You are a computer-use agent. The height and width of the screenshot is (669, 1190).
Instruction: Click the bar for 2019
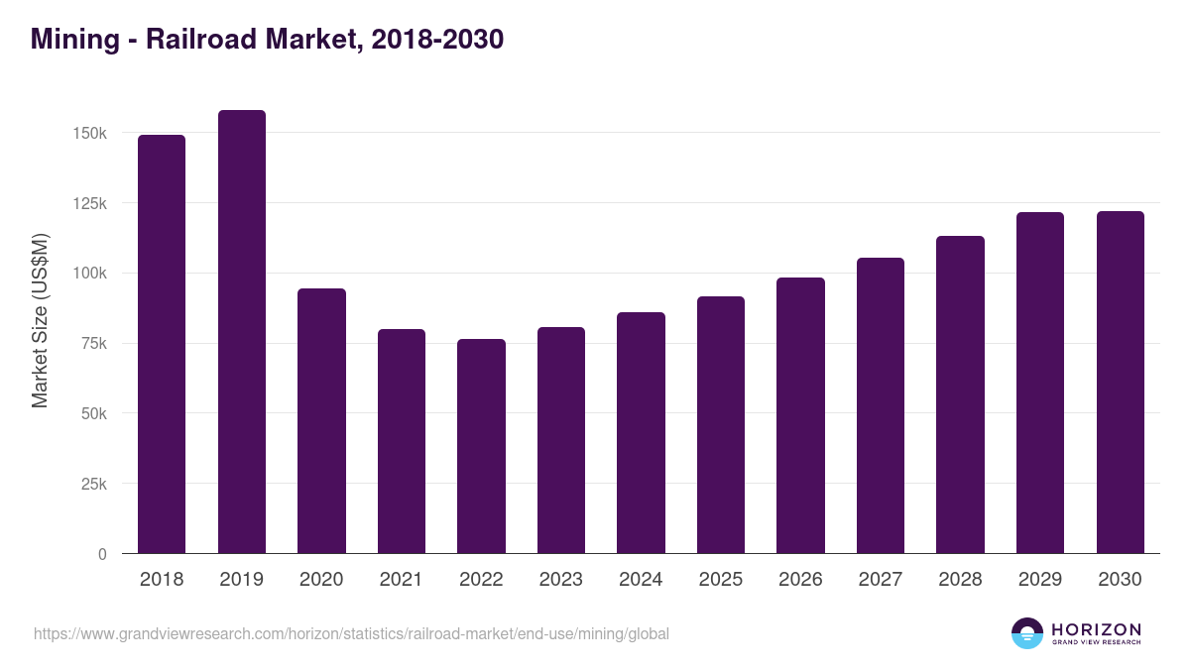[242, 331]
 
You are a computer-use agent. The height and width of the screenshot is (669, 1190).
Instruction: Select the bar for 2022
[481, 446]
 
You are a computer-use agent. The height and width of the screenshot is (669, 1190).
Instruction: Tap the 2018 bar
[162, 344]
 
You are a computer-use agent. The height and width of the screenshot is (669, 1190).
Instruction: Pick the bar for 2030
[1121, 382]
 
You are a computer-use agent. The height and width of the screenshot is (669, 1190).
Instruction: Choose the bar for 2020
[321, 420]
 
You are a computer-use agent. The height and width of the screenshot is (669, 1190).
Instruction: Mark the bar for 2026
[800, 415]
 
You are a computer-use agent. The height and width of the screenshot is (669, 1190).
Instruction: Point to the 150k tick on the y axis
[90, 133]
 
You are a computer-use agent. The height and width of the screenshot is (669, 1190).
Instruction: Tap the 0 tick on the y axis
[102, 555]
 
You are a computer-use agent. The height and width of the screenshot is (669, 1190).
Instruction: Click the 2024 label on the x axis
[641, 580]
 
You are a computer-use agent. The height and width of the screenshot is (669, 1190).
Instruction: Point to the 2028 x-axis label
[960, 580]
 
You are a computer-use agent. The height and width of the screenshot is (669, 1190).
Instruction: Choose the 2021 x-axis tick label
[402, 580]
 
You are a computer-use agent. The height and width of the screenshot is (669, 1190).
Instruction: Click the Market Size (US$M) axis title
[40, 319]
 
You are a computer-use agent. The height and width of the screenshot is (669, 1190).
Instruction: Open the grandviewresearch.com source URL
[351, 633]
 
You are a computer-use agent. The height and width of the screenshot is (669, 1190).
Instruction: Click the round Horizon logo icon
[1027, 633]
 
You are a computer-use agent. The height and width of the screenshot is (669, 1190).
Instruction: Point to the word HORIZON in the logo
[1096, 629]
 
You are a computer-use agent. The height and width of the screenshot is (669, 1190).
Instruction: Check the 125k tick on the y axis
[90, 203]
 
